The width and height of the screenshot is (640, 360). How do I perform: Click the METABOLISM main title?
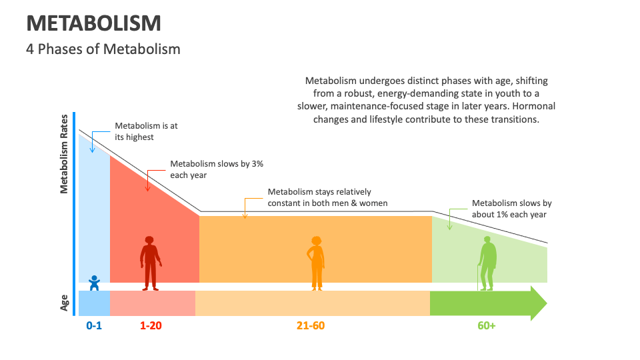[93, 23]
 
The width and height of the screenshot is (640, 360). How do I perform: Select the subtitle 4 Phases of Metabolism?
[103, 49]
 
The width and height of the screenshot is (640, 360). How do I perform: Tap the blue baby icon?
[94, 283]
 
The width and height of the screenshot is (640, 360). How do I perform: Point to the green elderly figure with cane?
[488, 263]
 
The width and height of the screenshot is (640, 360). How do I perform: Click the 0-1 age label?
[94, 325]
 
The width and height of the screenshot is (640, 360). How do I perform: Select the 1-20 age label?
[151, 325]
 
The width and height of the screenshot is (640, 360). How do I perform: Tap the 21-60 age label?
[311, 325]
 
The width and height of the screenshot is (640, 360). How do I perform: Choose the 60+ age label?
[487, 325]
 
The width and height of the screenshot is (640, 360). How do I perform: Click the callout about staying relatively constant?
[327, 197]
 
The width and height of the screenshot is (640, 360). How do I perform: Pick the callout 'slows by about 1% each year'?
[511, 209]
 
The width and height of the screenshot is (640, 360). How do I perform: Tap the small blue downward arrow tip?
[92, 151]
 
